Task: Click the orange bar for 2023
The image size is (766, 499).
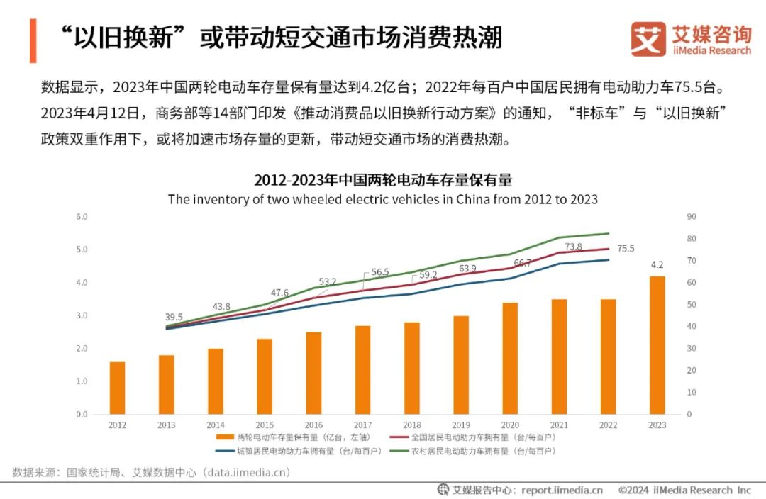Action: pos(657,345)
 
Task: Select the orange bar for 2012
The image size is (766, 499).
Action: pos(117,388)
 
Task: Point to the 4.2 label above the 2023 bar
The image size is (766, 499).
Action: pos(657,265)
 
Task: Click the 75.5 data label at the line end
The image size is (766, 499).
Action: pos(626,249)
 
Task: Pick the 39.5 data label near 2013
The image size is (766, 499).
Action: pos(174,317)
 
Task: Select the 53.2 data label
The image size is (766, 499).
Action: pos(328,281)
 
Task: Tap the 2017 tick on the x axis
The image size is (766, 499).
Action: pos(362,425)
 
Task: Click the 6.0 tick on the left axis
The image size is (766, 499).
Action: pos(82,216)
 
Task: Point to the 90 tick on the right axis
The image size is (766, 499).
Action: pos(691,216)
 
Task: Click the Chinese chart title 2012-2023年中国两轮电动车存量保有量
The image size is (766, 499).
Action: pos(383,179)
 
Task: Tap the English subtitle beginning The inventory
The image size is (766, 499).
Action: pos(383,199)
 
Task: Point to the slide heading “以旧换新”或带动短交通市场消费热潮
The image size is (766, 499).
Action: pos(280,38)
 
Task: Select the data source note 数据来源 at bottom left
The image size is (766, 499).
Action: pos(152,472)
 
